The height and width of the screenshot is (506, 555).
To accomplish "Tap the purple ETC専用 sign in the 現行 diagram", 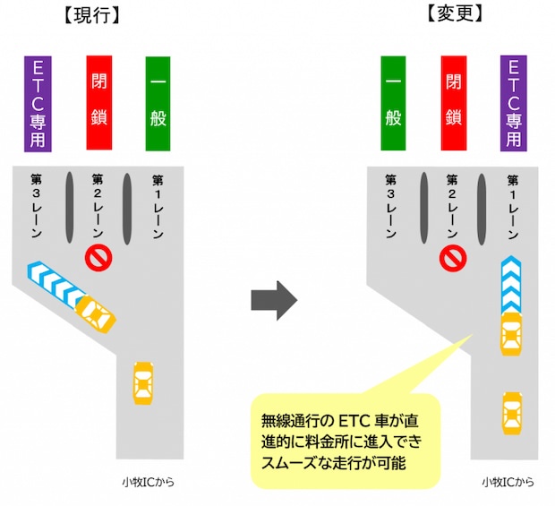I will pos(38,103).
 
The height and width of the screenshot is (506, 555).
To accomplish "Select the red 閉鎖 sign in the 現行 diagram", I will pos(98,103).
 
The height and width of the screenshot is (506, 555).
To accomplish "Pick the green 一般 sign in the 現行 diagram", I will pos(158,103).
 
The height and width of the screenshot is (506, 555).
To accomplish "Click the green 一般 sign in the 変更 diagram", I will pos(394,103).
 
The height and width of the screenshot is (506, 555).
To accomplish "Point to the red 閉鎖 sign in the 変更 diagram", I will pos(454,103).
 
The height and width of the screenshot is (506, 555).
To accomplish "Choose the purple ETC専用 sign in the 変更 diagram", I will pos(513,103).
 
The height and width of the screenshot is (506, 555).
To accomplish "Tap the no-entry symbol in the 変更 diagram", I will pos(453,258).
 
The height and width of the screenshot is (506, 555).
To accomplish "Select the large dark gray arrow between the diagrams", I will pos(273,300).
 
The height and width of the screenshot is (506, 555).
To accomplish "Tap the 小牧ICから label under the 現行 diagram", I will pos(149,482).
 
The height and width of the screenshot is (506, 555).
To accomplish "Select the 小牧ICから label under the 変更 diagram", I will pos(508,482).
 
